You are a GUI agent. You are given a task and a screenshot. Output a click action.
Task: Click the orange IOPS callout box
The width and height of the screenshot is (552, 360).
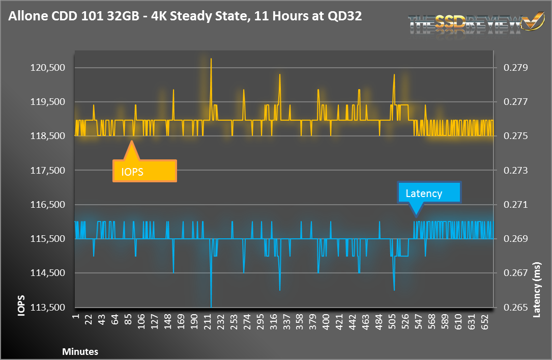coord(144,171)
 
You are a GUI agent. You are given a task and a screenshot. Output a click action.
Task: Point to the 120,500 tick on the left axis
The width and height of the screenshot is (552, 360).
coord(46,68)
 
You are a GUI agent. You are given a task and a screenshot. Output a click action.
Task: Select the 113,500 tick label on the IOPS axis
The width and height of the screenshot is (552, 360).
coord(46,308)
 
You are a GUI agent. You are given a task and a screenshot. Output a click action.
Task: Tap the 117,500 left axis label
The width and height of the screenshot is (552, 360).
coord(46,171)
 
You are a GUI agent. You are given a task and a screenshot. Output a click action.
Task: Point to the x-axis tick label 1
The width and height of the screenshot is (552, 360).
coord(76,319)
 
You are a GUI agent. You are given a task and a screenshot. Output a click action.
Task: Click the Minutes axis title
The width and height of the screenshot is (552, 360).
coord(80,351)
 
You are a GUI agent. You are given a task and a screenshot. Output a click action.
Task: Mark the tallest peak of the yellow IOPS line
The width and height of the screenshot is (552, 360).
coord(211,59)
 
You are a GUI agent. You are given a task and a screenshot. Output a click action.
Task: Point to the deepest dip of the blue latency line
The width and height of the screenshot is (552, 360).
coord(211,306)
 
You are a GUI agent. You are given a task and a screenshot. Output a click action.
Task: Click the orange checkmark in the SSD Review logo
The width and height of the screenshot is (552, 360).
coord(533,21)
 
